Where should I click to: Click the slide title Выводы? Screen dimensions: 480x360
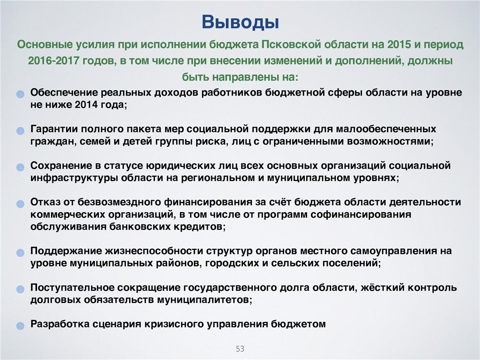pyautogui.click(x=240, y=23)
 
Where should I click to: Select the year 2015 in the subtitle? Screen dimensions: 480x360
pyautogui.click(x=399, y=44)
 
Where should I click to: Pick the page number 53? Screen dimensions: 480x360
pyautogui.click(x=240, y=348)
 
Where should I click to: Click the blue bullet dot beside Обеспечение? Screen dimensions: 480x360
pyautogui.click(x=20, y=94)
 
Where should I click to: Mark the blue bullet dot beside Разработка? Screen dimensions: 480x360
pyautogui.click(x=20, y=326)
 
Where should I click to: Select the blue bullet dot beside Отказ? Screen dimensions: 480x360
pyautogui.click(x=20, y=204)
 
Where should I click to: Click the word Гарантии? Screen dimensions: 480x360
pyautogui.click(x=54, y=129)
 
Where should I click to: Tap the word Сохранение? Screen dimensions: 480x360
pyautogui.click(x=61, y=166)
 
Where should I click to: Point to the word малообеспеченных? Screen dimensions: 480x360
pyautogui.click(x=386, y=129)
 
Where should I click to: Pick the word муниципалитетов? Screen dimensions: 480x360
pyautogui.click(x=204, y=300)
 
